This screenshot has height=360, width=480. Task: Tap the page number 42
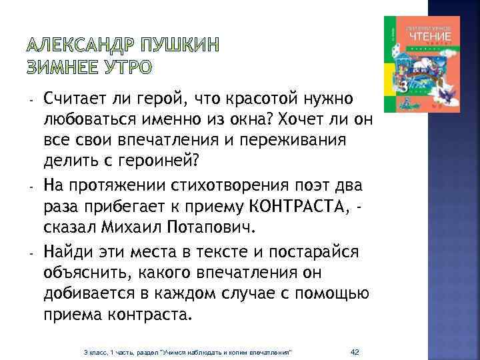click(x=355, y=351)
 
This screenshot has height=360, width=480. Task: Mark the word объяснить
click(x=86, y=273)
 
